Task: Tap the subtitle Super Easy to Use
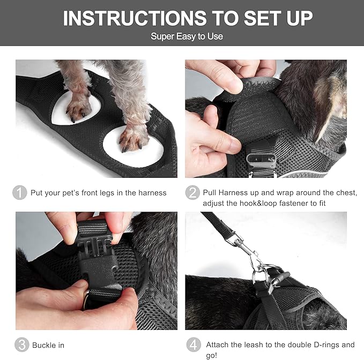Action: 187,36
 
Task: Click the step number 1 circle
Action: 20,193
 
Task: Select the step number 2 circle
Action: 192,193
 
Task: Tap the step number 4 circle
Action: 192,344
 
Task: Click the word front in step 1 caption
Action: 90,193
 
